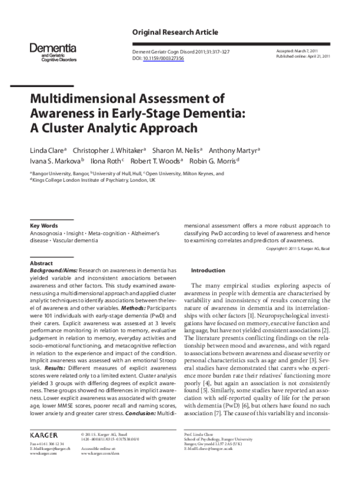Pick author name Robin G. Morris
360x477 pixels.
(213, 161)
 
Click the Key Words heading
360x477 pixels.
(43, 226)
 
